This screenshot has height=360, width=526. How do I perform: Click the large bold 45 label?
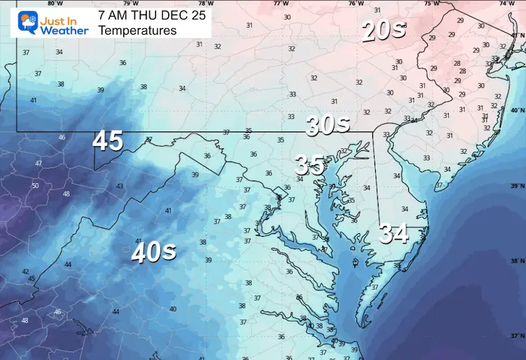108,141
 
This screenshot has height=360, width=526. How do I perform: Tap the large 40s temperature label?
154,253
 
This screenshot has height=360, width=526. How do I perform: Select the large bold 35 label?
309,165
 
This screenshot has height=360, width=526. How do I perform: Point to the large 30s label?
329,125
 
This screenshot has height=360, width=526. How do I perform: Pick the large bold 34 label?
394,235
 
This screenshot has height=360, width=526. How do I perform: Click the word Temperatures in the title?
137,30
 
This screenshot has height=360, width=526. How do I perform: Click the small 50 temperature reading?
35,186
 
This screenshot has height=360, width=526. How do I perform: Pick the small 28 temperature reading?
457,64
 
